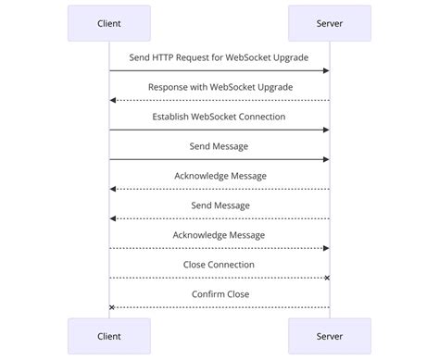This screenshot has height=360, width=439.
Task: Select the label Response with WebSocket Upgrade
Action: (219, 87)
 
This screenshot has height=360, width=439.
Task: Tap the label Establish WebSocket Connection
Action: (219, 117)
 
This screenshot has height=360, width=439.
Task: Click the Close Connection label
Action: (219, 265)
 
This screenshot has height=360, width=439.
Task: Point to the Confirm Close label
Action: (219, 294)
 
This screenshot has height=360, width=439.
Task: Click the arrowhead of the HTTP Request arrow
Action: (326, 70)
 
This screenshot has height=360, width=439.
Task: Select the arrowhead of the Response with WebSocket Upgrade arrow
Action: (113, 100)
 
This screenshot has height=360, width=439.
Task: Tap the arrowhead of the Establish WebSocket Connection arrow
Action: (326, 130)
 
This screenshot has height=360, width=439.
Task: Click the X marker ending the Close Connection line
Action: (327, 278)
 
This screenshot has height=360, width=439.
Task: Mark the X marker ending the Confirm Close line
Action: (112, 307)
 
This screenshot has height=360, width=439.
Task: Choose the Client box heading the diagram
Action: (108, 23)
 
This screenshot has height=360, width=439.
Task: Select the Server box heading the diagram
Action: (330, 23)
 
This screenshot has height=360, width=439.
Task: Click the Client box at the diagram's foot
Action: (108, 337)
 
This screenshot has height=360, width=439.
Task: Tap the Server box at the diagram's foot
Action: (330, 337)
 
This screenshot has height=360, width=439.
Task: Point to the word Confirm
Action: (207, 294)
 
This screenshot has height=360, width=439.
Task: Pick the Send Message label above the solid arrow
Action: (219, 146)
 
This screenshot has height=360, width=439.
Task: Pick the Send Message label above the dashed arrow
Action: (219, 205)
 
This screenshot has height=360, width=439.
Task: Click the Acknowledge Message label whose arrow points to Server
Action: (219, 235)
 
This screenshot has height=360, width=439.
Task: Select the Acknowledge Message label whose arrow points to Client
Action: (219, 176)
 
